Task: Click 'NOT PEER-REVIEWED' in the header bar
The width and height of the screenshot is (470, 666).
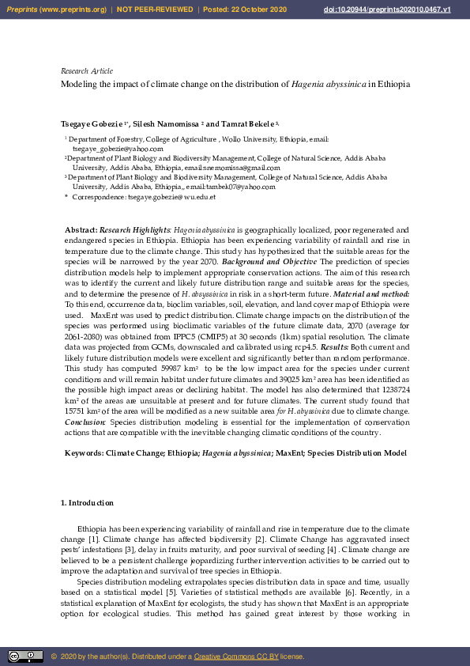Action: (155, 9)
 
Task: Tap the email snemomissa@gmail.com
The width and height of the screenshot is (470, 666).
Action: (235, 168)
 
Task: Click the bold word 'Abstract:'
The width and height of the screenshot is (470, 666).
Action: (81, 229)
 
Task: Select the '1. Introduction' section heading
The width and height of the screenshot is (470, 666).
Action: (87, 503)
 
